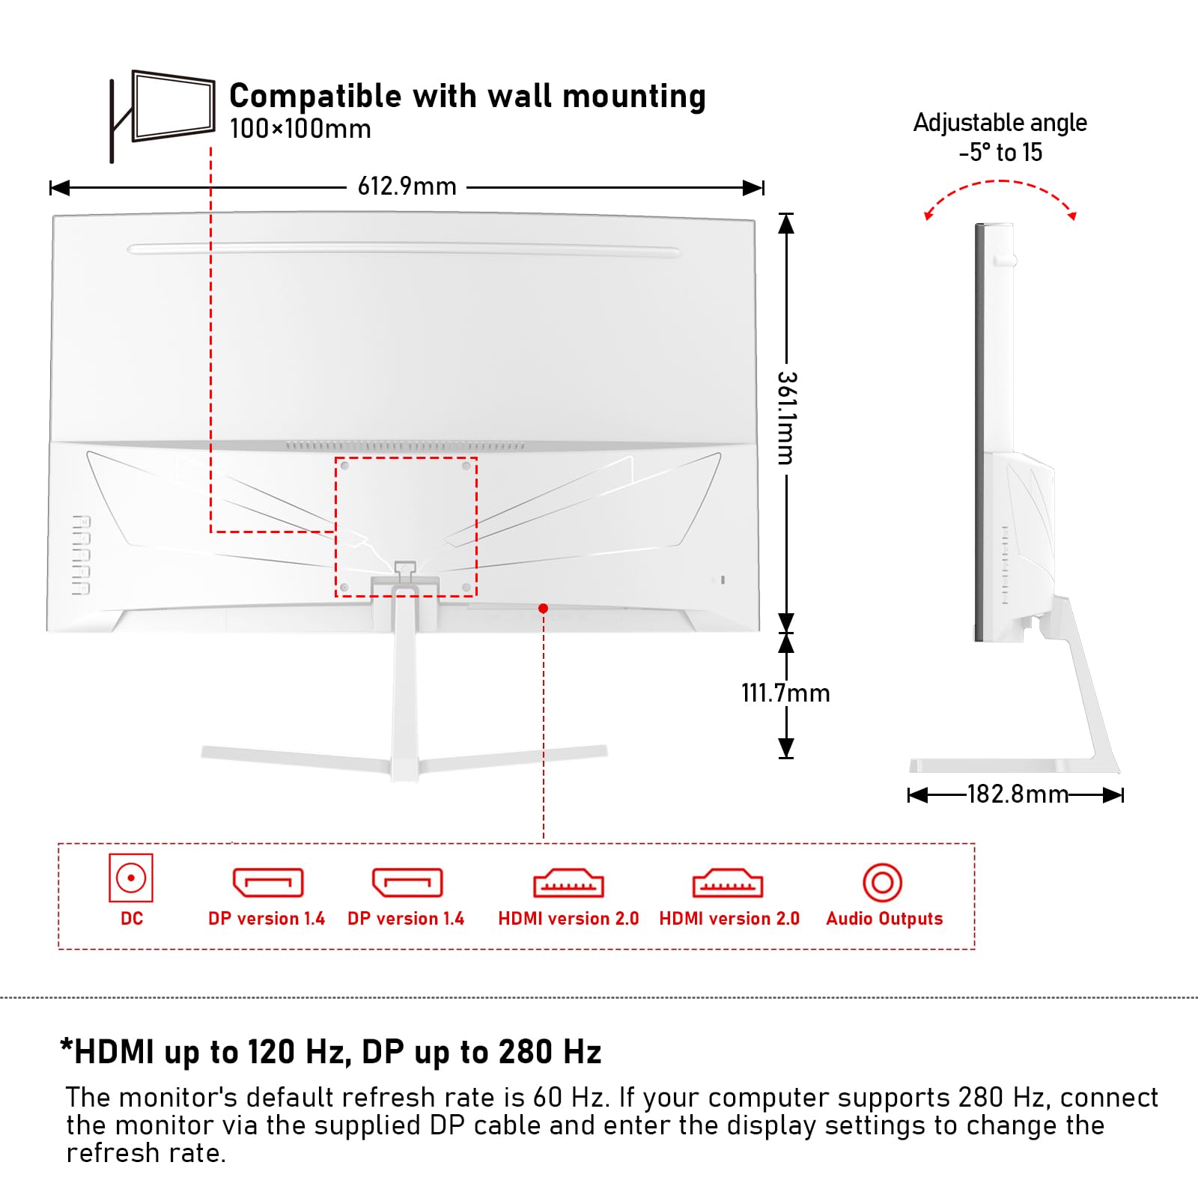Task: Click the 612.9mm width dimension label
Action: [x=407, y=186]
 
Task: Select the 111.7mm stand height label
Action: [x=785, y=693]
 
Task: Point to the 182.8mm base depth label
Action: [x=1018, y=794]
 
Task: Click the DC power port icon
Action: [x=131, y=878]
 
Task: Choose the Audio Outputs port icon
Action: [x=883, y=883]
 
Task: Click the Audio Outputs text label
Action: [x=884, y=919]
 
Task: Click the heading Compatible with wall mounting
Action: [x=467, y=96]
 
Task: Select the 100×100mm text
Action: [x=300, y=129]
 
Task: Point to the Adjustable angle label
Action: [x=1000, y=122]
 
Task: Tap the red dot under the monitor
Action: [x=543, y=609]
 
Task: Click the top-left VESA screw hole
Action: [x=344, y=466]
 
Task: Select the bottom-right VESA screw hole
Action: [x=466, y=588]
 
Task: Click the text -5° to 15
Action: [x=1000, y=153]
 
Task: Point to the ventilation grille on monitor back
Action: [x=404, y=446]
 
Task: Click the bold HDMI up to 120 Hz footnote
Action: [x=330, y=1052]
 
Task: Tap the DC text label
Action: [x=132, y=919]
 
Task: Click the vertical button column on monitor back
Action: [x=81, y=555]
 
